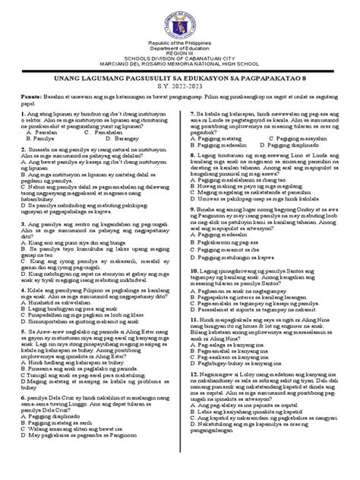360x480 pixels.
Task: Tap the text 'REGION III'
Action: (x=180, y=64)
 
